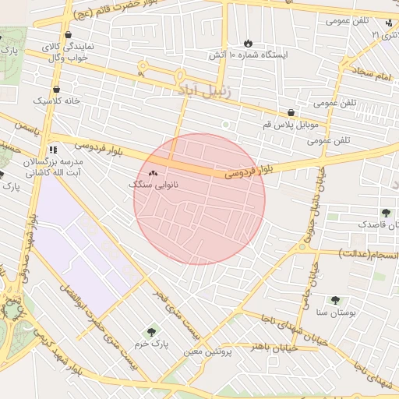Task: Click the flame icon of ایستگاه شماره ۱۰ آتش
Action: pos(248,43)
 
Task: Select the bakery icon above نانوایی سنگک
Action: pos(153,173)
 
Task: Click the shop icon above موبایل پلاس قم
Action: pos(291,112)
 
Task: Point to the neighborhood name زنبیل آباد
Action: pos(206,93)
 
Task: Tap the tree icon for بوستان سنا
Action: pos(335,300)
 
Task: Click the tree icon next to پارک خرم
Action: pos(151,332)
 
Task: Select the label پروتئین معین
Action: pos(208,352)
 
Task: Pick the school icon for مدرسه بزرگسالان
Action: pos(53,148)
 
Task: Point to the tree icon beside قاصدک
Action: pos(385,212)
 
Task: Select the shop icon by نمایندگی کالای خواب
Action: pos(69,35)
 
